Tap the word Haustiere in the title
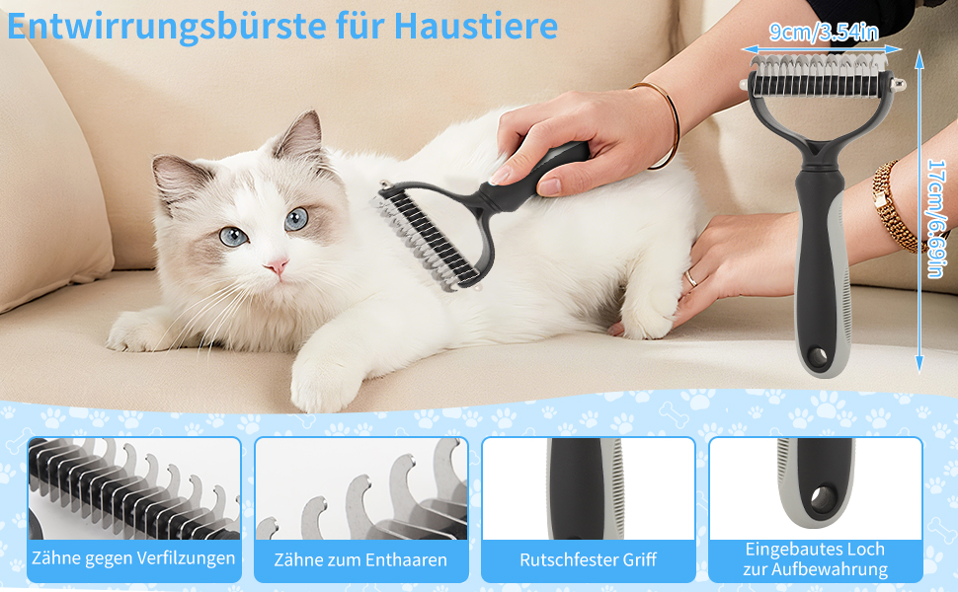point(475,26)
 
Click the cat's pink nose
point(277,265)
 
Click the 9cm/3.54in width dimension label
point(823,32)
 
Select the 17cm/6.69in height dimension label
point(937,218)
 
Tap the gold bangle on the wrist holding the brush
point(664,122)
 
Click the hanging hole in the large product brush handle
point(818,356)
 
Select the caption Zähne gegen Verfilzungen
point(133,557)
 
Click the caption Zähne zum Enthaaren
point(360,559)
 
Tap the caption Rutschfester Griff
point(588,559)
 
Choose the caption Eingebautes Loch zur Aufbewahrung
point(815,559)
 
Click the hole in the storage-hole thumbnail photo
point(823,498)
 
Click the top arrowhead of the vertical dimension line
point(918,58)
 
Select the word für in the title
point(361,26)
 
